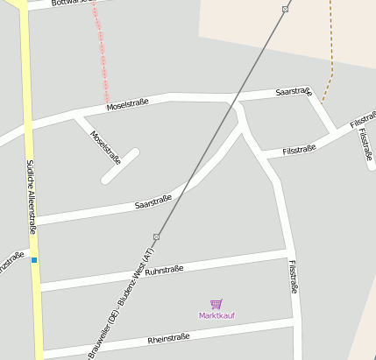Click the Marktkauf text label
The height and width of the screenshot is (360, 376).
216,315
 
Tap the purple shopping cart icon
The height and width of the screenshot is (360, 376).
216,304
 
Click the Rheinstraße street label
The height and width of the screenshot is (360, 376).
168,339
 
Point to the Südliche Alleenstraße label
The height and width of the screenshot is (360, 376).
31,196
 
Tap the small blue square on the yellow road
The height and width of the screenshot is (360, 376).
34,259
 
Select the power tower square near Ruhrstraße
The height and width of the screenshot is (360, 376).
156,236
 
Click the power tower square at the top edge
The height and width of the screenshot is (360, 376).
285,10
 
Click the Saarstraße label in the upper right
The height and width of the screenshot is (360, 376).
293,91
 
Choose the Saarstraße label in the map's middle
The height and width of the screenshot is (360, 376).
153,202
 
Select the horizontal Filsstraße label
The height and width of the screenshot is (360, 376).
299,150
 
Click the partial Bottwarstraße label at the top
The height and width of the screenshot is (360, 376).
70,3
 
